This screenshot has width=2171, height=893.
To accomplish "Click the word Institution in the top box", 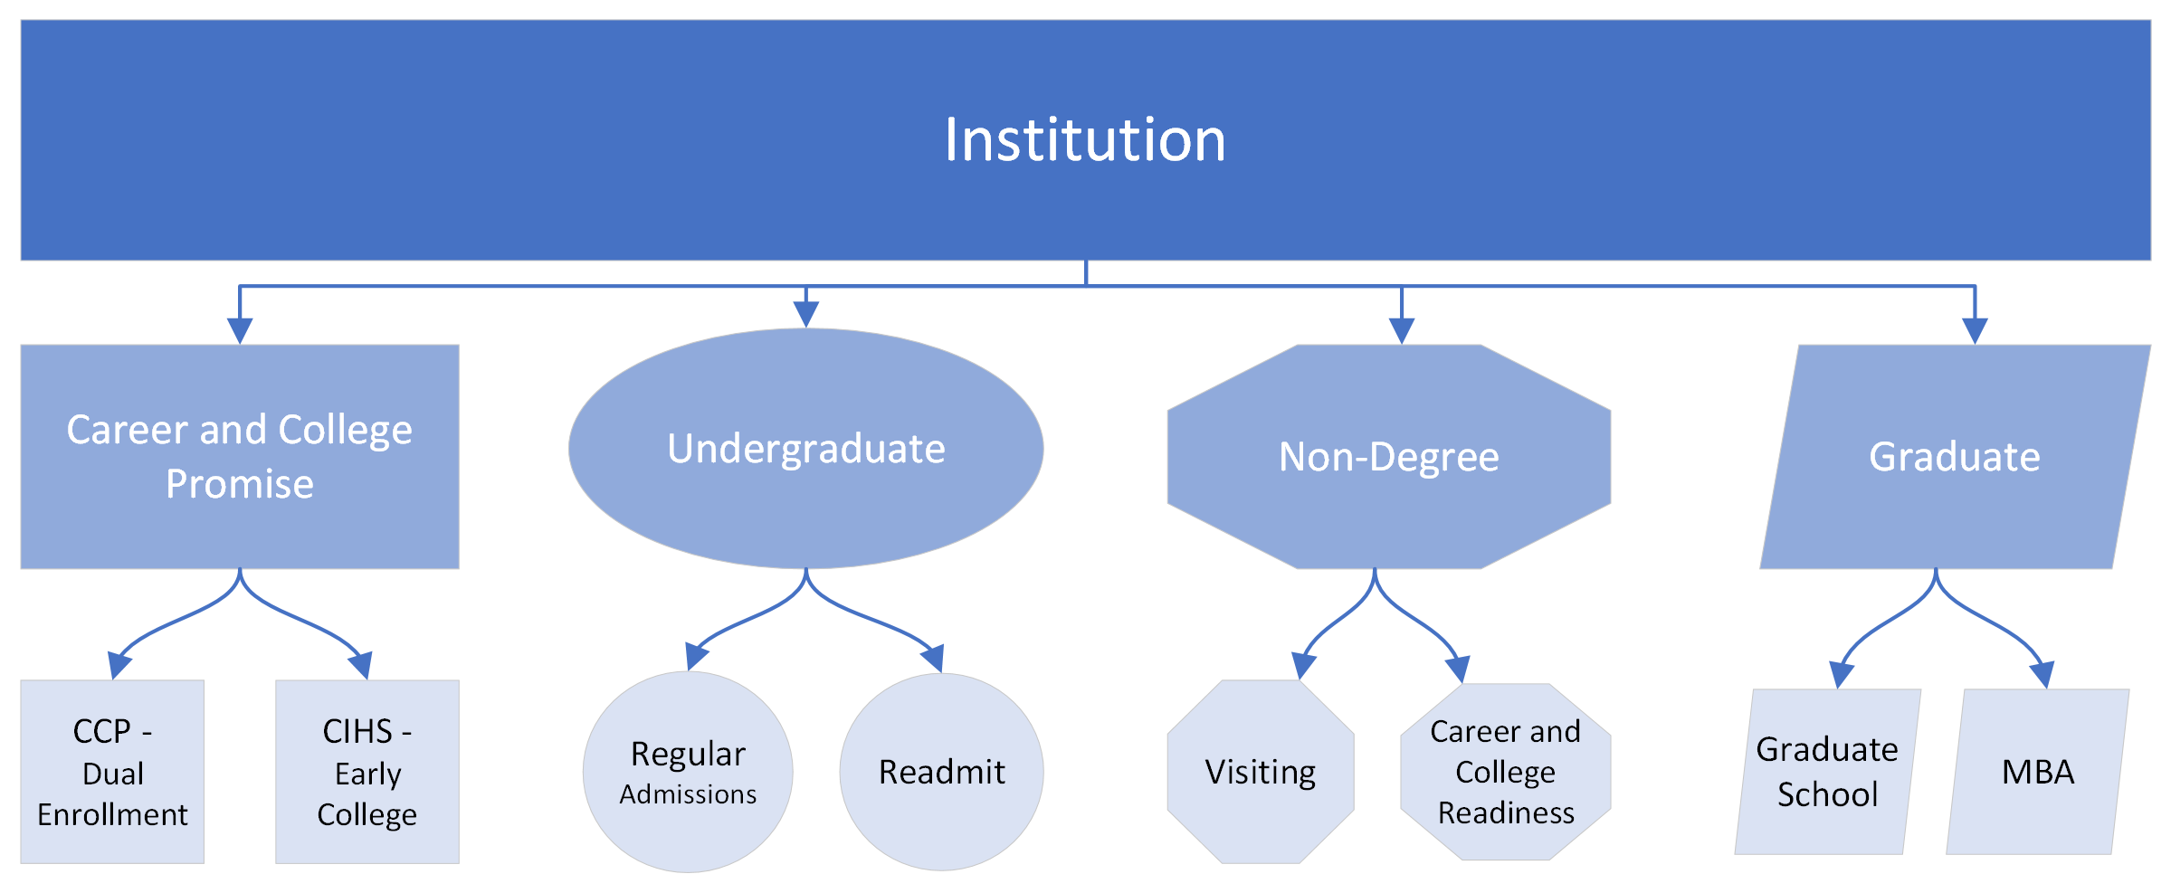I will pos(1085,140).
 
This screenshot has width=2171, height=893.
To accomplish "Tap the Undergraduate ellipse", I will pos(805,507).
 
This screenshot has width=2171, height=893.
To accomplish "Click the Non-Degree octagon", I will pos(1388,516).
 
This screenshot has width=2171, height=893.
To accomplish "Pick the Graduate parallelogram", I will pos(1955,516).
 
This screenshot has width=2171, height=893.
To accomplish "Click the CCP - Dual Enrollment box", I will pos(112,772).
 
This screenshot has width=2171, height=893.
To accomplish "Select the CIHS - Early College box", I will pos(367,772).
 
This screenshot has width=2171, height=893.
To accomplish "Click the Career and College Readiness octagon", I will pos(1505,772).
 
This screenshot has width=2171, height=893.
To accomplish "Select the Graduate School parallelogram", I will pos(1827,772).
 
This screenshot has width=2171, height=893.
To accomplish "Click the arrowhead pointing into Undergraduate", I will pos(805,313).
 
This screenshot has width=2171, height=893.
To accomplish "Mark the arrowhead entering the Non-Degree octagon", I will pos(1401,330).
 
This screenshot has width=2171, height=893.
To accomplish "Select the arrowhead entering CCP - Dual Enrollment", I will pos(119,665).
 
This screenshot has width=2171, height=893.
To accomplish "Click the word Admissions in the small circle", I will pos(688,794).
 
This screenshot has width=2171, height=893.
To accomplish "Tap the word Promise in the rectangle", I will pos(239,484).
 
